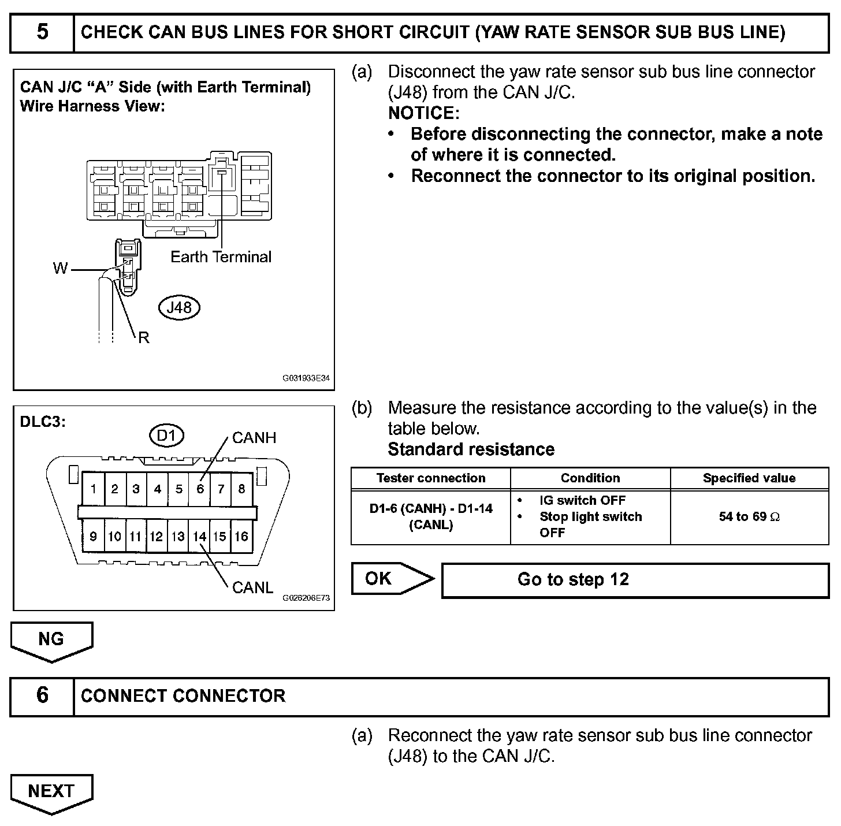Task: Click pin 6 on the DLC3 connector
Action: (200, 489)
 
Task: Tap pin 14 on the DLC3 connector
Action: (199, 537)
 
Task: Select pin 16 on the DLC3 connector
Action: (241, 537)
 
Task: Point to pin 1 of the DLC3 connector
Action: (93, 489)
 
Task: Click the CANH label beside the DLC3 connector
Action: (254, 438)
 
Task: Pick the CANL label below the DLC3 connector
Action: (252, 587)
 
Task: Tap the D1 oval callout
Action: (166, 435)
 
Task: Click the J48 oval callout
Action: (178, 307)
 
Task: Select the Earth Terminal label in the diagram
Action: (221, 257)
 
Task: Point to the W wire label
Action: (60, 269)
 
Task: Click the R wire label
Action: (144, 338)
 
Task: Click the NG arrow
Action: (51, 639)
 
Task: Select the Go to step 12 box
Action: (635, 579)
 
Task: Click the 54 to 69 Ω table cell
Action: (749, 517)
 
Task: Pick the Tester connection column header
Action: (431, 478)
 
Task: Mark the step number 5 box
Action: (42, 32)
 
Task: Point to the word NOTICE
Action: (423, 113)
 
